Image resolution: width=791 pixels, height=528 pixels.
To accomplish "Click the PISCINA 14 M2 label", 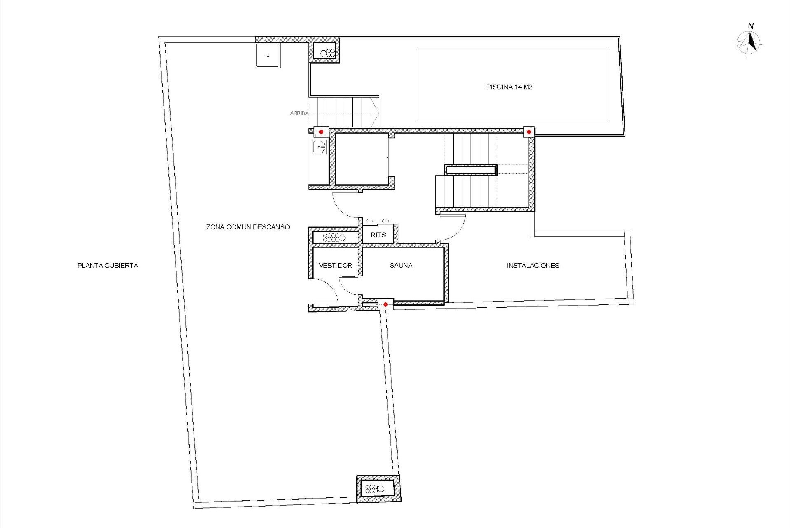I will (x=509, y=87).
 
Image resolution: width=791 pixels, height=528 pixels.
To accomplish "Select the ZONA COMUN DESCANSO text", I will (x=248, y=227).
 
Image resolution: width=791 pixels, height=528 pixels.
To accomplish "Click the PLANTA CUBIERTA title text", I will (x=108, y=266).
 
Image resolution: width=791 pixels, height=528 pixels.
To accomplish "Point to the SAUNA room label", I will (x=401, y=266).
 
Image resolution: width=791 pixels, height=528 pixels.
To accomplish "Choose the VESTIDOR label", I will (x=335, y=266).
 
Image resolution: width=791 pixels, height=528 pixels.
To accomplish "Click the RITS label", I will (x=378, y=235).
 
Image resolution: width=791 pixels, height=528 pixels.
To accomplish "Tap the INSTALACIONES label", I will (x=533, y=266).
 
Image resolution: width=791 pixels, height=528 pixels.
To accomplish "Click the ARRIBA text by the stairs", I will (x=299, y=113).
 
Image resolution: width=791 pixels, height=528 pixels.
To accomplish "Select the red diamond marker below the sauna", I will (x=386, y=304).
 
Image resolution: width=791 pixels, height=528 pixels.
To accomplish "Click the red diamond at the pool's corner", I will (x=529, y=132).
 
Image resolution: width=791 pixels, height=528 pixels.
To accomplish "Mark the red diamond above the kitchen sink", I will (x=321, y=132).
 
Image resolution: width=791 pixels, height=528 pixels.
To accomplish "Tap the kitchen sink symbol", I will (x=320, y=147).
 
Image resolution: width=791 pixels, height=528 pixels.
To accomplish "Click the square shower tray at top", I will (x=267, y=55).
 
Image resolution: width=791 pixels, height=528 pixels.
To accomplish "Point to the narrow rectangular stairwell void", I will (x=470, y=170).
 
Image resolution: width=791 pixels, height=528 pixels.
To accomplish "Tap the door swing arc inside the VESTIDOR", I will (x=328, y=291).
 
